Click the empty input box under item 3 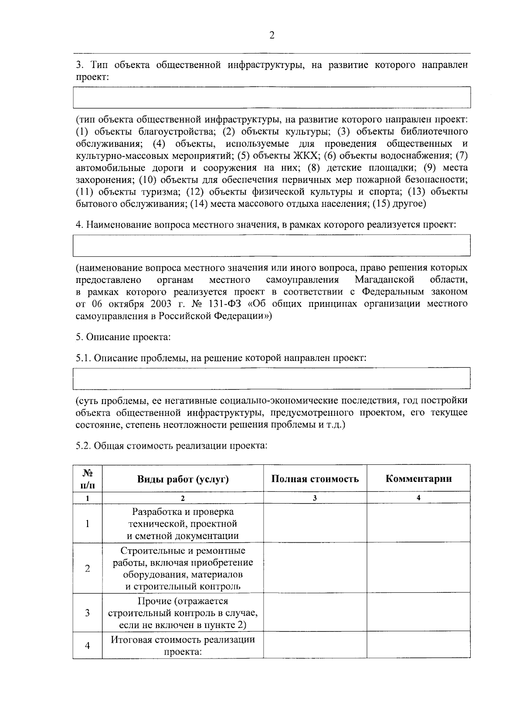[272, 97]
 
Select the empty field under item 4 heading [272, 245]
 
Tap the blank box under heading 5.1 [272, 378]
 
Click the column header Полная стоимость [315, 479]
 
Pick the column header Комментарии [418, 479]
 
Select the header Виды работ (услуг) [183, 479]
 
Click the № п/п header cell [88, 478]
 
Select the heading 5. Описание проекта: [123, 337]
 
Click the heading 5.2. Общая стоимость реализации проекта [171, 445]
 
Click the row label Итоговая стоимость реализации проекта [183, 645]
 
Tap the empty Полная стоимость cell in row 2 [315, 568]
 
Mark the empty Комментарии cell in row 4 [418, 645]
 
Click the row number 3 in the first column [88, 613]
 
